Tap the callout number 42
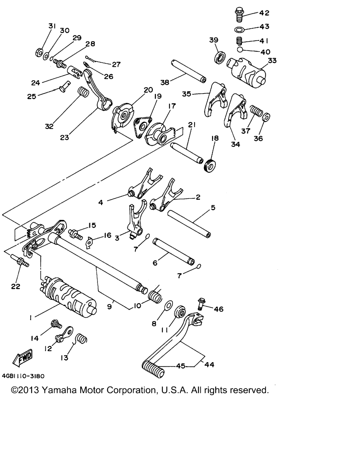tap(264, 13)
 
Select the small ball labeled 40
tap(240, 50)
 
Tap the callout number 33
tap(272, 60)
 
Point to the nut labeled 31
tap(39, 52)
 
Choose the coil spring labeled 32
tap(83, 92)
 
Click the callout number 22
tap(16, 286)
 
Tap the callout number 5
tap(213, 208)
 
